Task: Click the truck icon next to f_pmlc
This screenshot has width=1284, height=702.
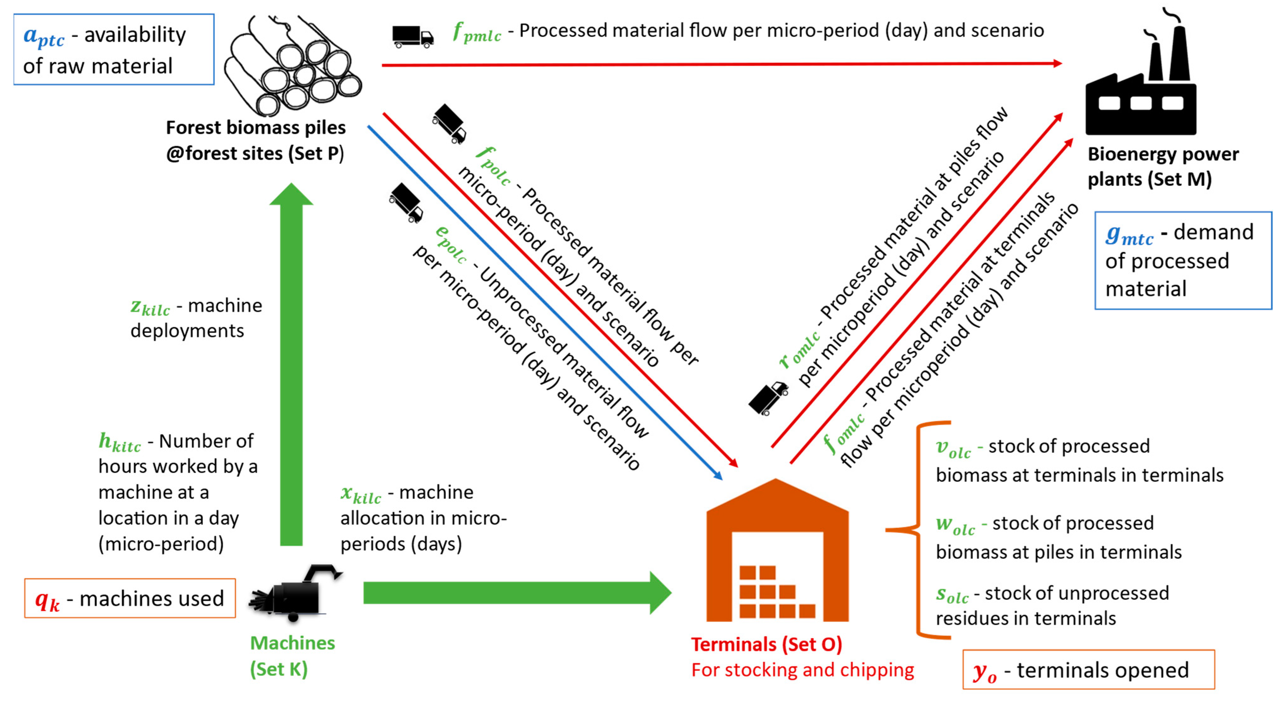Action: pos(412,36)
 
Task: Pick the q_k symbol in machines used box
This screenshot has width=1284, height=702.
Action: pos(47,600)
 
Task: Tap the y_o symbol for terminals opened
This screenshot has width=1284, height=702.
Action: pos(984,672)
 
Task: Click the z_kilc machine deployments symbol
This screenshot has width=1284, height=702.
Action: pos(150,307)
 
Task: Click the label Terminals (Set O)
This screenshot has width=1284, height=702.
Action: pos(766,644)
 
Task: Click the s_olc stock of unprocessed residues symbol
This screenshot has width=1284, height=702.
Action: pos(951,595)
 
